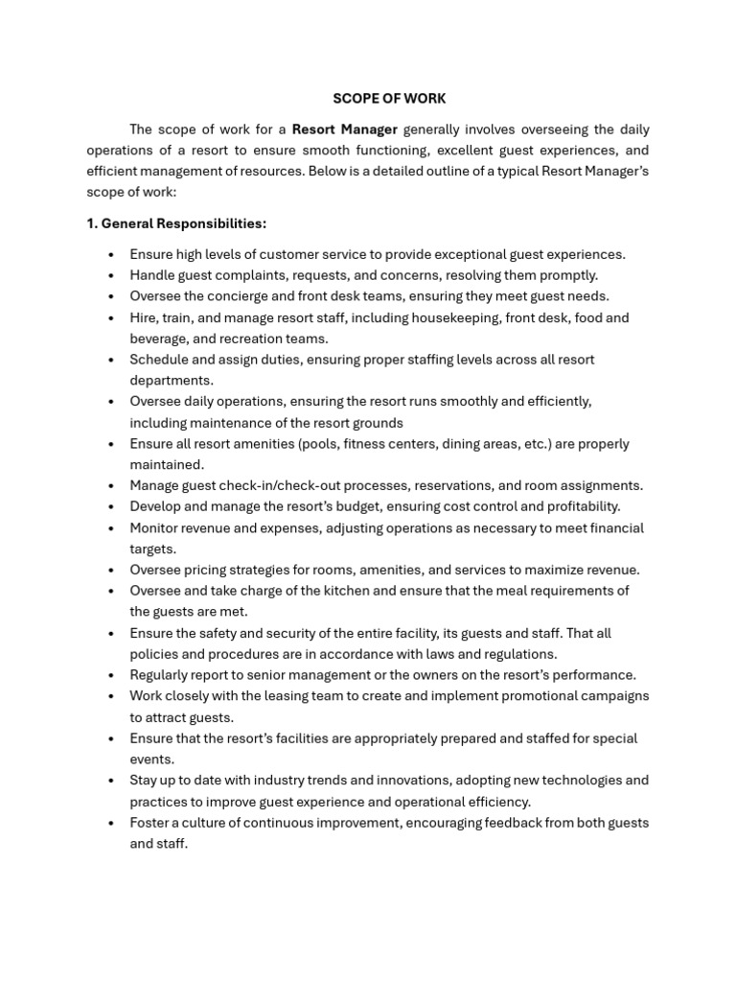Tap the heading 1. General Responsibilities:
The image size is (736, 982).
coord(176,223)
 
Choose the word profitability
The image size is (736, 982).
coord(577,506)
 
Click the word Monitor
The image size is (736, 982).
coord(156,527)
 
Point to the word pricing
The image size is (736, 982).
coord(209,570)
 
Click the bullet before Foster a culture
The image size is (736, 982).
coord(111,823)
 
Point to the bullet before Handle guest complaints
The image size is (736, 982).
coord(111,275)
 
